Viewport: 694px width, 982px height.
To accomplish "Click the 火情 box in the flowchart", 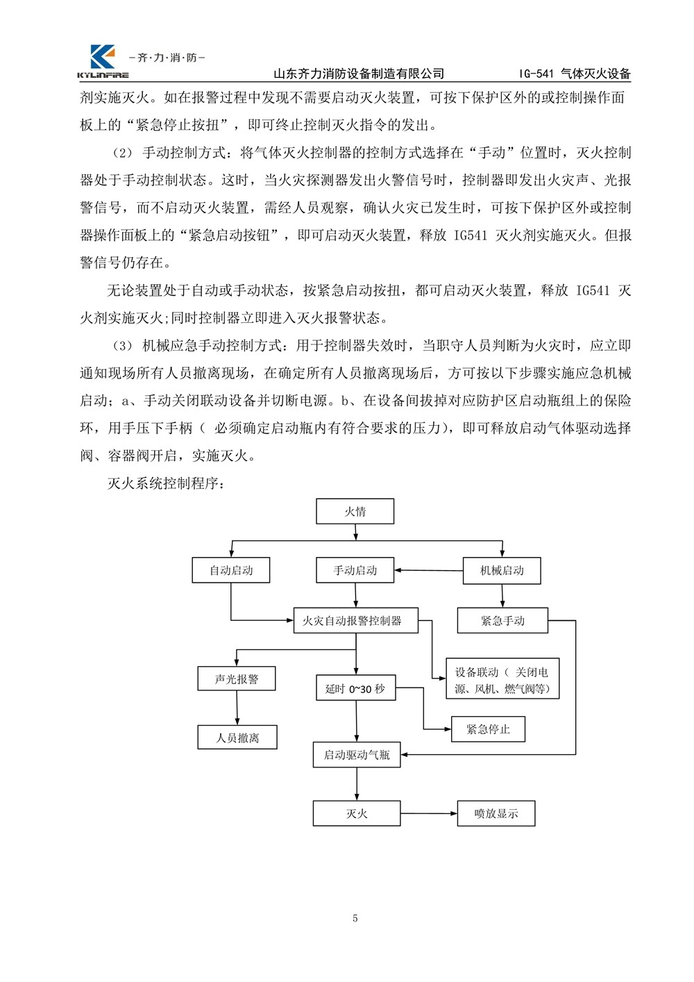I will [x=355, y=512].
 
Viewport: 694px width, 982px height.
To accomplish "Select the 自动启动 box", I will [x=231, y=570].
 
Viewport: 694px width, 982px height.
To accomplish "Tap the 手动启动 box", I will [x=355, y=570].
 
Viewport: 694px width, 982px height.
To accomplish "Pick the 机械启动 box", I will [x=502, y=570].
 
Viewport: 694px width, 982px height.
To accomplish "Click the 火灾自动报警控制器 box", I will [x=352, y=620].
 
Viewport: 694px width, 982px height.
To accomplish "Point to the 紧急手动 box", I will [x=502, y=620].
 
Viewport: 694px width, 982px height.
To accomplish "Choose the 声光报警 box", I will [x=237, y=679].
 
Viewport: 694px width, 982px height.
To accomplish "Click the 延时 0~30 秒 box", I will [x=355, y=688].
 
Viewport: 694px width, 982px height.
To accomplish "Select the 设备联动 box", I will [x=502, y=679].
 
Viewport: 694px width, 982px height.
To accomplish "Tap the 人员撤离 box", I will [x=237, y=737].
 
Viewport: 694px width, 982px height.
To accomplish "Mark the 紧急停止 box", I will [x=488, y=729].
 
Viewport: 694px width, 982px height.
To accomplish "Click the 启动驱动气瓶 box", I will [x=357, y=754].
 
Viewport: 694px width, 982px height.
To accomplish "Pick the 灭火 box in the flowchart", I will [x=357, y=813].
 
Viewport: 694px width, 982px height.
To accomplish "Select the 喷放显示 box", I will [x=496, y=813].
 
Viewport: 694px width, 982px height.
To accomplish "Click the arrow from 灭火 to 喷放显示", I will [x=429, y=813].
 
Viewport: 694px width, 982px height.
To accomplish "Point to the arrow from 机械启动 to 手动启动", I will [x=429, y=571].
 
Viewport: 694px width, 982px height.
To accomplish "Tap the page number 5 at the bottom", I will [x=355, y=918].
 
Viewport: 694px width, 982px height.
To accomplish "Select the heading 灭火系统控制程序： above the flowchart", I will [x=165, y=483].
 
